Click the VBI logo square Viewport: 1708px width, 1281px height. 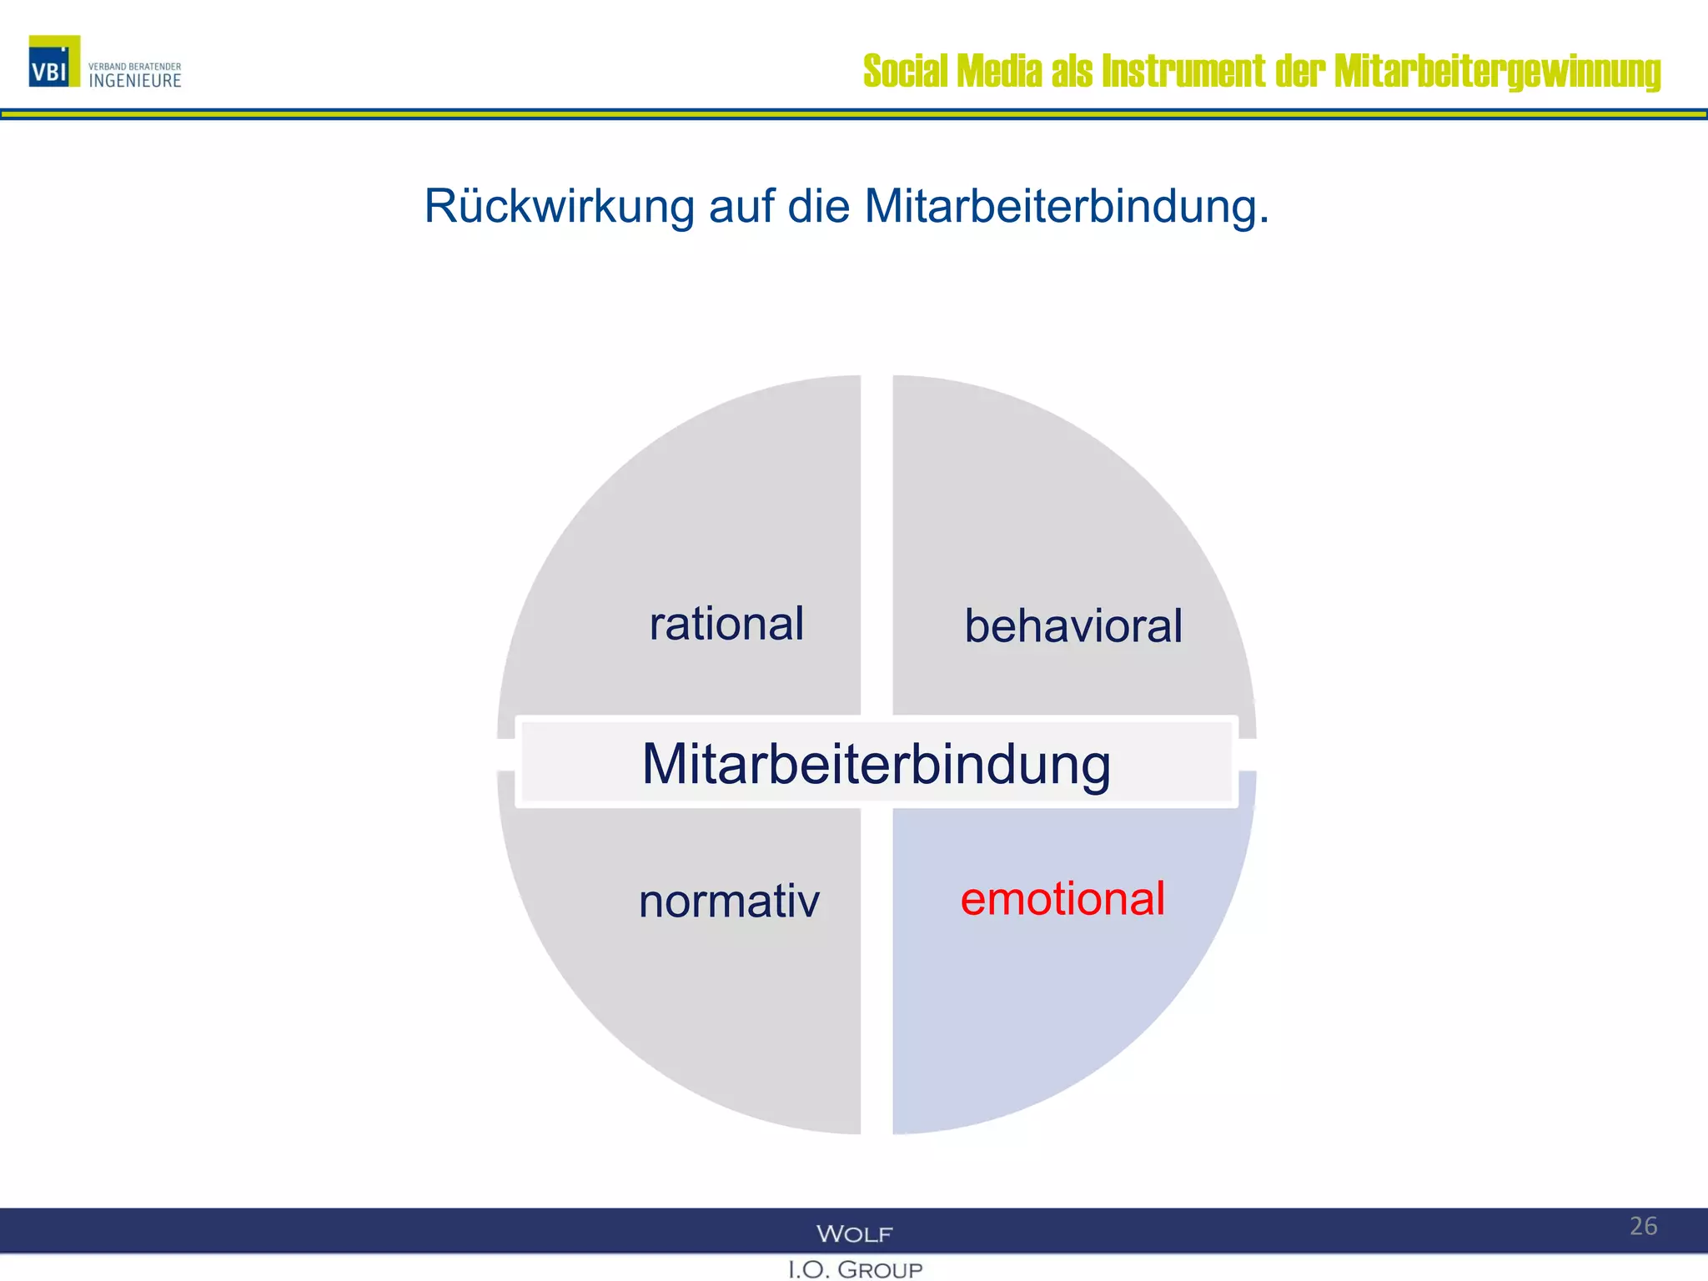[54, 61]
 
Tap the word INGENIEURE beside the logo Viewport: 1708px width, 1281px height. [134, 81]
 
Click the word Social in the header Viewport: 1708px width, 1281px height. [906, 72]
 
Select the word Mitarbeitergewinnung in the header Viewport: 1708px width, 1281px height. [1497, 72]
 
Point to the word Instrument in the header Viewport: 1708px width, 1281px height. [1183, 72]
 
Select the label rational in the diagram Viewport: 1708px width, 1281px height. [726, 624]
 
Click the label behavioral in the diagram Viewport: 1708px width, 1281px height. [1073, 625]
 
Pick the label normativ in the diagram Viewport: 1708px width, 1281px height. [729, 902]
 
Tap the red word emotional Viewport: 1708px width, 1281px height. [1062, 899]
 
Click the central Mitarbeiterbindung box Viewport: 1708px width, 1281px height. [876, 763]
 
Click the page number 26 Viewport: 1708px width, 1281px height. [1643, 1226]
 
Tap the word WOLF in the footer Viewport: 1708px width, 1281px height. [854, 1233]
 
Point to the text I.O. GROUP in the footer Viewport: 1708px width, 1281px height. [855, 1269]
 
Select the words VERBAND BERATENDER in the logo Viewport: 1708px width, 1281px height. [134, 67]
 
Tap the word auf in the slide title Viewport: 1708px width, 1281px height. [741, 206]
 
